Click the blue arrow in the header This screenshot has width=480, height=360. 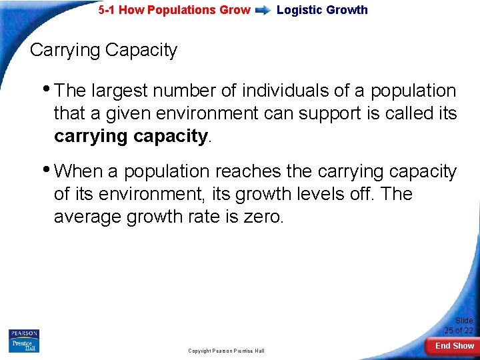pos(263,10)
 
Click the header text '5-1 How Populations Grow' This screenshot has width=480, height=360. pos(174,10)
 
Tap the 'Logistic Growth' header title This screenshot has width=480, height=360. pos(322,10)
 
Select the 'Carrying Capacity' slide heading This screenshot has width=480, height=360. pos(103,50)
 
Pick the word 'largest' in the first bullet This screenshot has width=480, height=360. pos(122,91)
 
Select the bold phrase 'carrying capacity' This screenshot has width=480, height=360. pos(131,136)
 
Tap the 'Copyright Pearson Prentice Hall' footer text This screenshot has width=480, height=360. pos(226,351)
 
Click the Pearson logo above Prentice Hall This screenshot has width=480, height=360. pos(23,333)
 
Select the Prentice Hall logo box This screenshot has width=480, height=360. pos(23,345)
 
